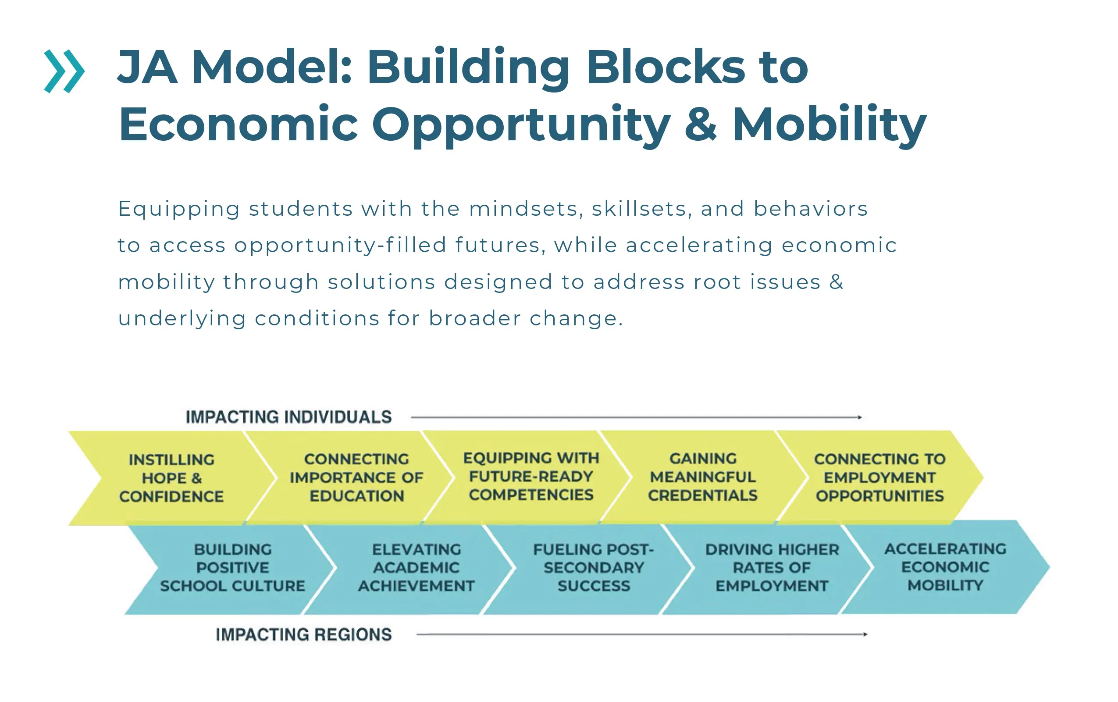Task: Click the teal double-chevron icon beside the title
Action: click(x=64, y=71)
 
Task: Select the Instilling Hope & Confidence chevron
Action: click(x=171, y=478)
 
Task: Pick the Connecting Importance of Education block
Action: click(x=356, y=478)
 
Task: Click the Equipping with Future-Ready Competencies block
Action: click(x=531, y=476)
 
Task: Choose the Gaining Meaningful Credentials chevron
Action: click(x=703, y=477)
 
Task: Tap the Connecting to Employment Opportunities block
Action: click(x=879, y=478)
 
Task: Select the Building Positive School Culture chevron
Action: click(x=232, y=567)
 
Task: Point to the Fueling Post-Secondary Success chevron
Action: click(x=594, y=567)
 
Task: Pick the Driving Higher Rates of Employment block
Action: click(x=772, y=567)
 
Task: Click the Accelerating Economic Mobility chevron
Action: click(x=945, y=567)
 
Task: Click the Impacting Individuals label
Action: click(x=288, y=417)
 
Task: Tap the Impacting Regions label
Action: click(x=303, y=634)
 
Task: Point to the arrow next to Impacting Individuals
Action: click(x=636, y=417)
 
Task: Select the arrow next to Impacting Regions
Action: click(x=641, y=634)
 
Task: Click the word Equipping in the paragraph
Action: click(x=179, y=209)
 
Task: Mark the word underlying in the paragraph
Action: click(x=182, y=319)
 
